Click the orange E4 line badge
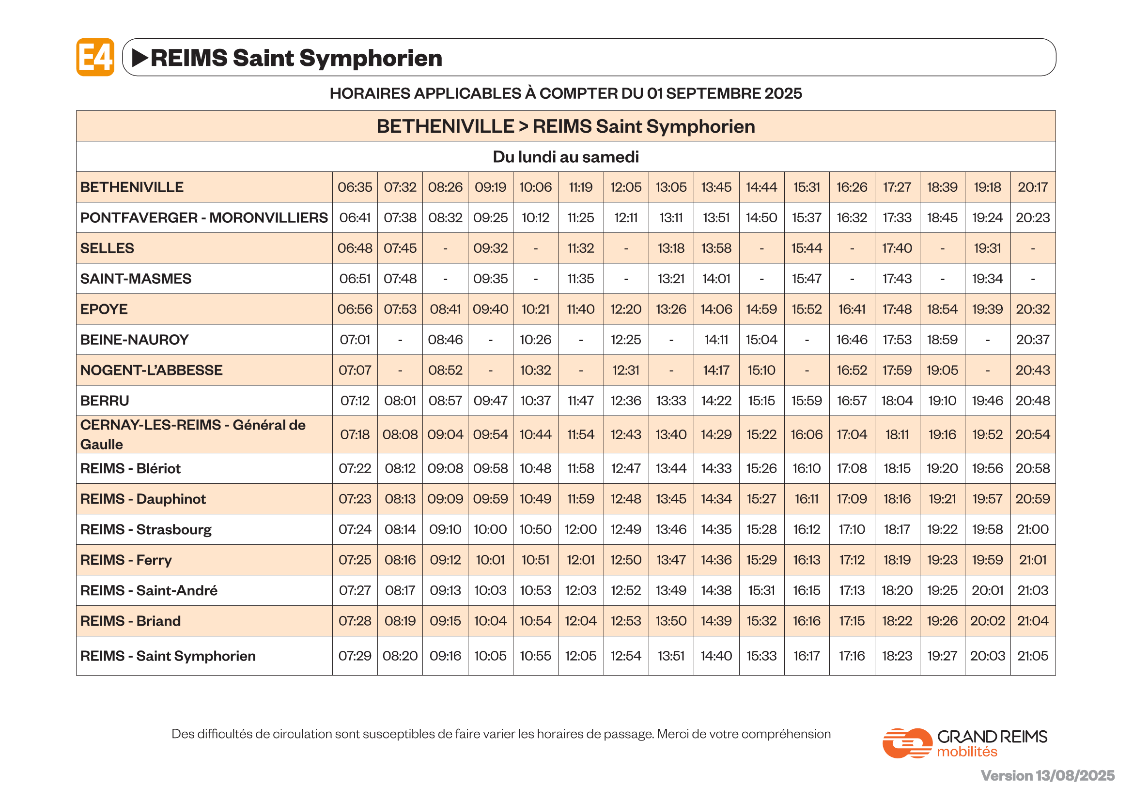tap(95, 57)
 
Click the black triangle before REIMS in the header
tap(140, 58)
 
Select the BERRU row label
tap(105, 400)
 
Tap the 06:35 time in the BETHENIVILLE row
tap(355, 187)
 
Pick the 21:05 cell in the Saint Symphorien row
tap(1032, 656)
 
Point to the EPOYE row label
tap(104, 309)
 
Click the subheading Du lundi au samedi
tap(565, 157)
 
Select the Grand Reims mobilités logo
tap(964, 743)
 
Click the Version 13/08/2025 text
tap(1047, 775)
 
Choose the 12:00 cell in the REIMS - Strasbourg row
tap(580, 529)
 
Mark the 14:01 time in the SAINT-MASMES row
tap(716, 278)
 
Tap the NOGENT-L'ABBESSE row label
tap(152, 370)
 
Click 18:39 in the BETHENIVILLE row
tap(942, 187)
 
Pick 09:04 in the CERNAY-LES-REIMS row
tap(445, 434)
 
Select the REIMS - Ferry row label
tap(126, 560)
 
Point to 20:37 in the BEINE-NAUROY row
tap(1032, 340)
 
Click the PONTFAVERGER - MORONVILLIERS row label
tap(204, 217)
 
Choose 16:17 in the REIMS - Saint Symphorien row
tap(807, 656)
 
